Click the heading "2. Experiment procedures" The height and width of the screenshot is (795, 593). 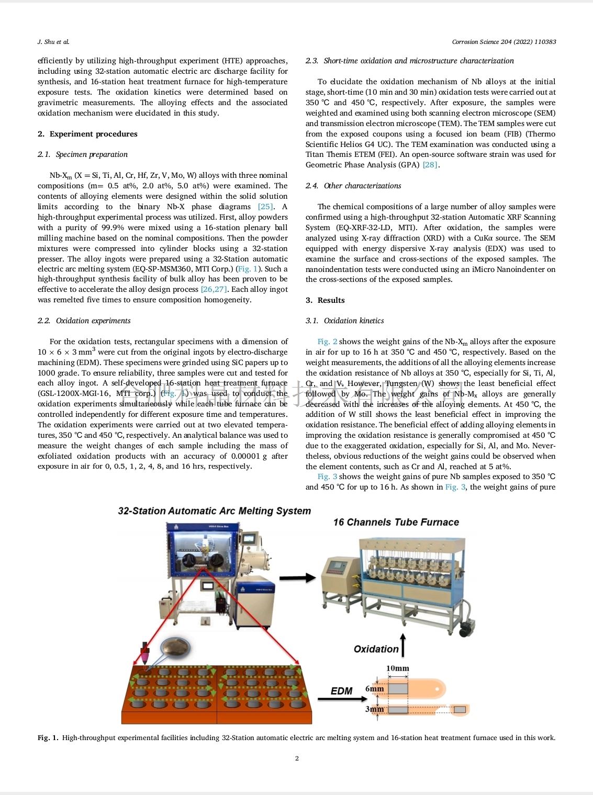point(87,134)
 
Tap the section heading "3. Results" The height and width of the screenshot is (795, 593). point(325,300)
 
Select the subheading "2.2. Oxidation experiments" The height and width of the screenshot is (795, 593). point(84,321)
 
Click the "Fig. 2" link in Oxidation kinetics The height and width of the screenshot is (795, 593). point(327,342)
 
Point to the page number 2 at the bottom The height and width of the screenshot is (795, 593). point(297,758)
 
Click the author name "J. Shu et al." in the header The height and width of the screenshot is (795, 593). point(53,42)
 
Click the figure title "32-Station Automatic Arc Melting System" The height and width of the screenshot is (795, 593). point(214,511)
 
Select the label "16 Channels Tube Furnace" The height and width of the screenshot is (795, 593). point(396,522)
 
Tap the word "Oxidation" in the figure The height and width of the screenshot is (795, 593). point(376,649)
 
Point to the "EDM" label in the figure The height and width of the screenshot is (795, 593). point(341,691)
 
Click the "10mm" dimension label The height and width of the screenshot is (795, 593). point(397,668)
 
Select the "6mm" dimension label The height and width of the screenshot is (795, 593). point(374,689)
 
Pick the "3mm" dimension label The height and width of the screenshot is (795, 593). point(374,710)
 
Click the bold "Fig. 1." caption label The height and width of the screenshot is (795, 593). point(48,738)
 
